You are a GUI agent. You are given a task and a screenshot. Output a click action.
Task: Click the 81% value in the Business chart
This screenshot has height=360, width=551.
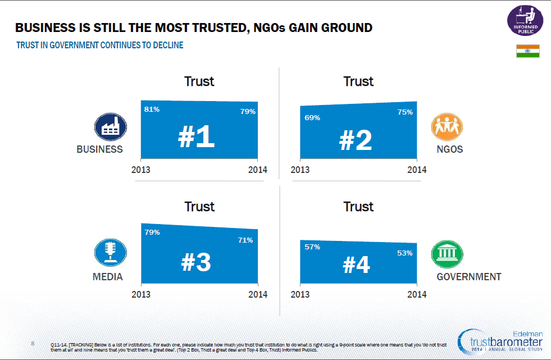click(x=152, y=110)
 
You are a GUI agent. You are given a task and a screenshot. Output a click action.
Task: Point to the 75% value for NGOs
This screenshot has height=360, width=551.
click(x=404, y=112)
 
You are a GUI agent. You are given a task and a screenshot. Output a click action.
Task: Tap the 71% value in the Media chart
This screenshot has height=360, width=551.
click(x=245, y=240)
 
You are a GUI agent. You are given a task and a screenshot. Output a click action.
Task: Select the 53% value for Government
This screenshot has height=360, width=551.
click(x=404, y=253)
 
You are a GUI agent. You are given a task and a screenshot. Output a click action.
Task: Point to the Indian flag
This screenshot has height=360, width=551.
click(x=527, y=51)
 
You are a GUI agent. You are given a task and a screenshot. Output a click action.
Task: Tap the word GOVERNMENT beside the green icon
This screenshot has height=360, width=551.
click(x=468, y=276)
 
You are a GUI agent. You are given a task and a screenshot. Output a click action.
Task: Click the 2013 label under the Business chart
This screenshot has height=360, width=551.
click(x=141, y=170)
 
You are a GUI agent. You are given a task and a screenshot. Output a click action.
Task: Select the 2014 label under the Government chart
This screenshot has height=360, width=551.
click(x=417, y=294)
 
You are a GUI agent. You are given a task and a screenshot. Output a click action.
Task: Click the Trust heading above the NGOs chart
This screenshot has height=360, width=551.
click(x=358, y=81)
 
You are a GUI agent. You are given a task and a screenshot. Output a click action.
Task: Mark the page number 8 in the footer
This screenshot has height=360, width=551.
click(x=33, y=343)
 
